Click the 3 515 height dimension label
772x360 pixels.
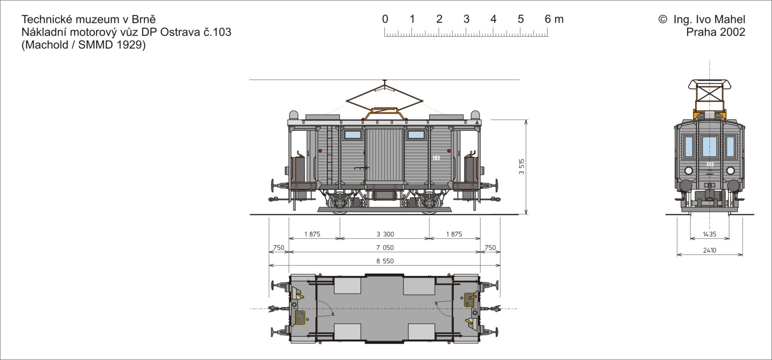point(522,167)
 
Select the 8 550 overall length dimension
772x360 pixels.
point(385,261)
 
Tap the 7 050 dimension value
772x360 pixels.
point(385,248)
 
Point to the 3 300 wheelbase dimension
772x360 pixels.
point(385,234)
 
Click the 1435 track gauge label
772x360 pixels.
point(709,234)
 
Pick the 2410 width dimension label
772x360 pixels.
point(709,250)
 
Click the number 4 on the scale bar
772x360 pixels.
point(493,19)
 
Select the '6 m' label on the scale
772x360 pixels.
point(554,19)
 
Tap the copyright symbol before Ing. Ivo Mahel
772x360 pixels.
point(662,19)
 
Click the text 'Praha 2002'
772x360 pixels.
point(716,32)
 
